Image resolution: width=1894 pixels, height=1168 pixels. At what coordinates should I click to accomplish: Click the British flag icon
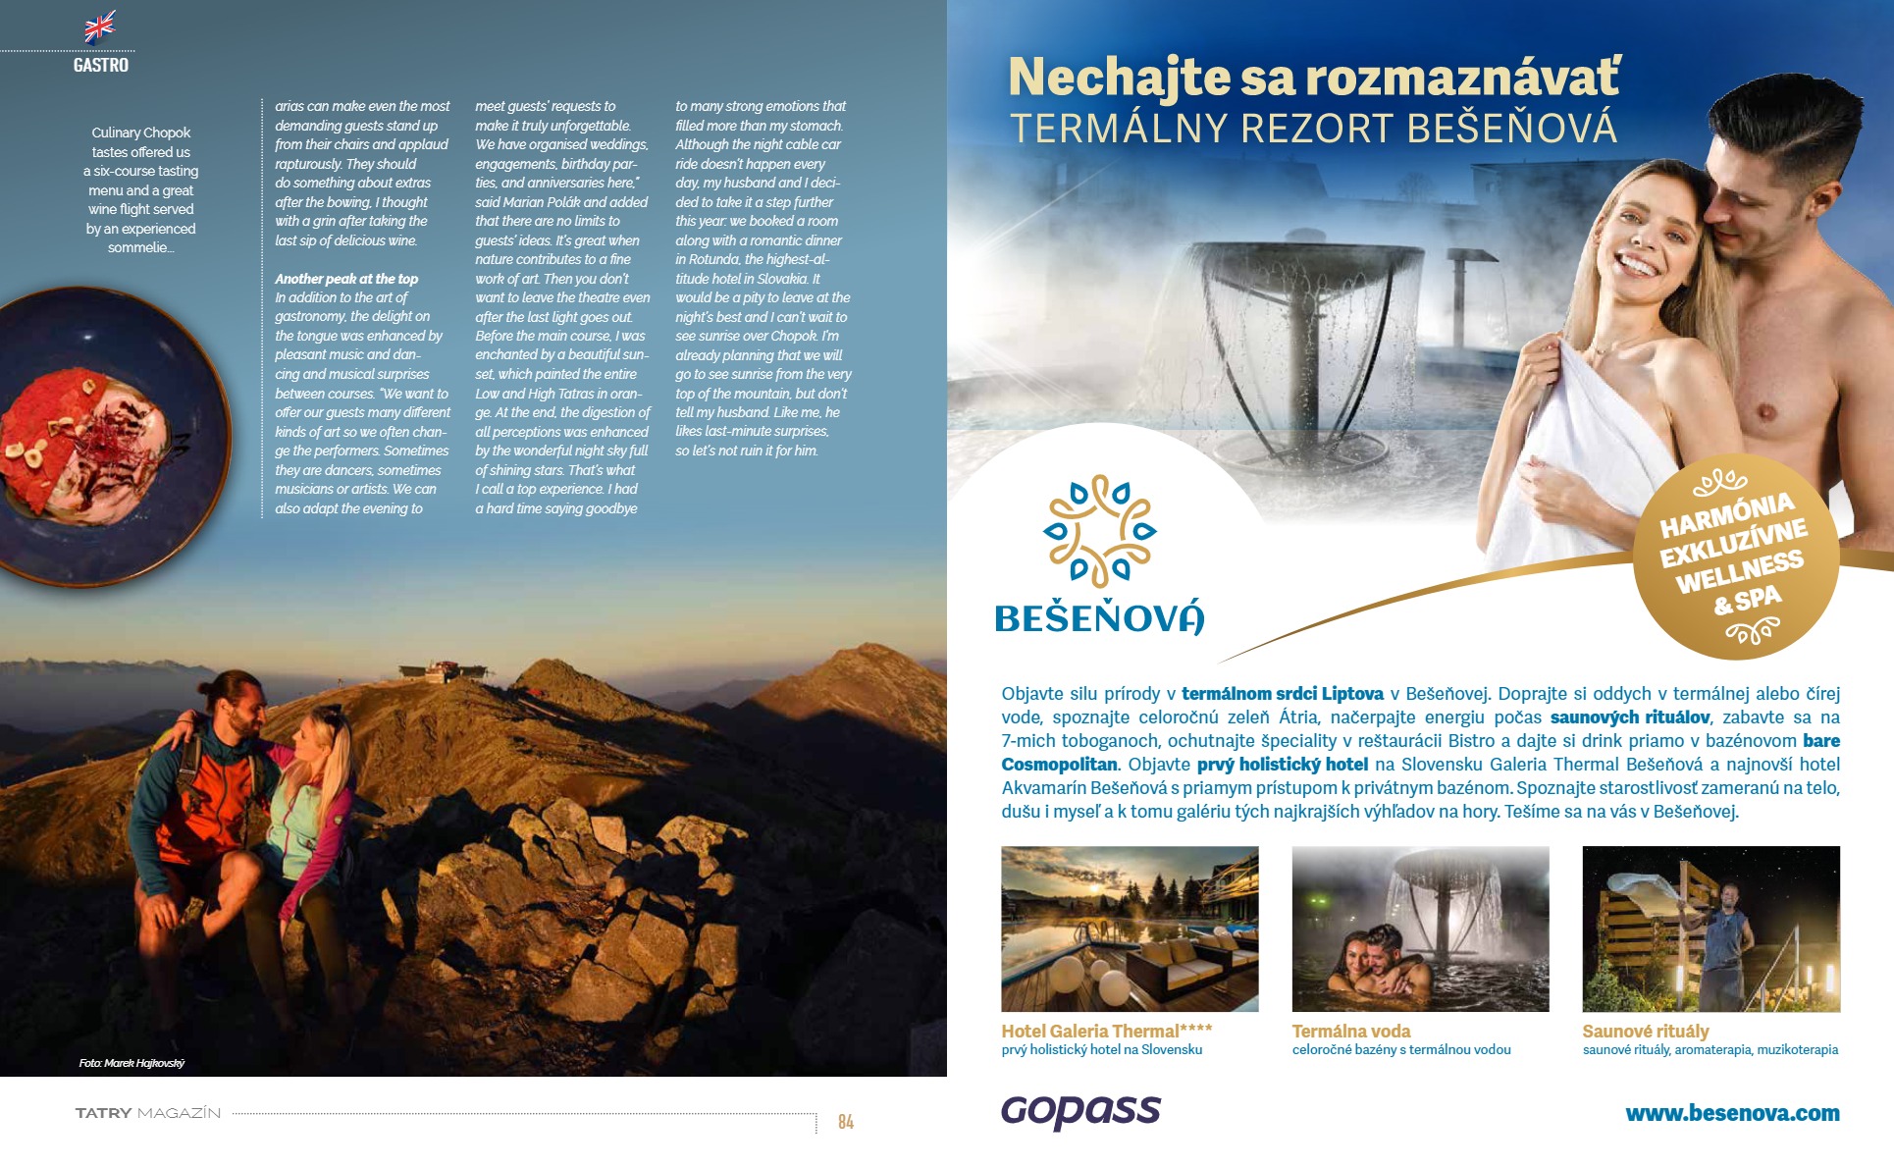click(100, 27)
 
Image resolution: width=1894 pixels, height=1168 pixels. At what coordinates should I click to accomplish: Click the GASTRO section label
click(101, 66)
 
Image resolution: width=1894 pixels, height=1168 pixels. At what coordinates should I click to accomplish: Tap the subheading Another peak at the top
click(346, 279)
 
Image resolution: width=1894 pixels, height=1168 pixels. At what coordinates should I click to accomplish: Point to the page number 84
click(845, 1122)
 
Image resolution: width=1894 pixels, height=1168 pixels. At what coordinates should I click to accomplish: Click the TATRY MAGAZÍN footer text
click(148, 1113)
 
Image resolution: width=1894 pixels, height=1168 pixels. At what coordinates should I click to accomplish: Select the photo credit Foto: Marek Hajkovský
click(132, 1063)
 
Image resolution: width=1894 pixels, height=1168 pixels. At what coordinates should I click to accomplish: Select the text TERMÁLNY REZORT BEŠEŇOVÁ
click(1313, 129)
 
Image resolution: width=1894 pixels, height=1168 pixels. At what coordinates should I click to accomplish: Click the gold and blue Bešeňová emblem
click(1099, 531)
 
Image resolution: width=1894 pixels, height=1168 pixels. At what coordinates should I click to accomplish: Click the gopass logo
click(1080, 1111)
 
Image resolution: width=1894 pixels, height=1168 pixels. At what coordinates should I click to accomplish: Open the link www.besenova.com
click(1732, 1113)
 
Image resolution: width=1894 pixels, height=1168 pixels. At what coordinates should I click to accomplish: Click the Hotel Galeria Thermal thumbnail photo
click(1130, 929)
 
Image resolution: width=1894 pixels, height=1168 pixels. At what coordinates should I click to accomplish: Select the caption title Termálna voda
click(1350, 1031)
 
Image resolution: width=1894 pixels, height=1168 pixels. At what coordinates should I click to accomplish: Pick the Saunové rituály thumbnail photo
click(1710, 929)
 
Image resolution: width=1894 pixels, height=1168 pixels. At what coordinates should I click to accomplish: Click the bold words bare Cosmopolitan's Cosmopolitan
click(1059, 765)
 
